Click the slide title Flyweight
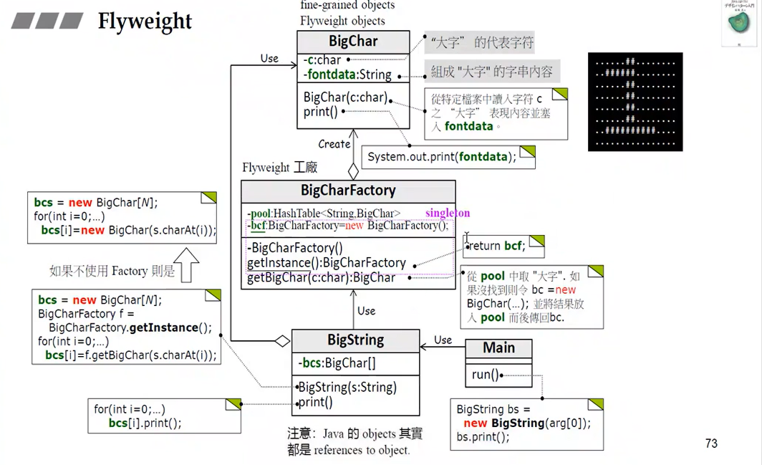[145, 21]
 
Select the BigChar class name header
[353, 41]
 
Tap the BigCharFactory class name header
[348, 191]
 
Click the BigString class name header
[355, 340]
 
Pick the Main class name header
[498, 348]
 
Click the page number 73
[710, 444]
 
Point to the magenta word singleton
[448, 213]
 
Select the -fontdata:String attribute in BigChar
[347, 75]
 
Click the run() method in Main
[485, 375]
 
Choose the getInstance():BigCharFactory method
[327, 263]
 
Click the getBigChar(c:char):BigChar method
[321, 277]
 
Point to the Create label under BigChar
[334, 144]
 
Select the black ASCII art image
[635, 102]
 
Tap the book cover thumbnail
[741, 24]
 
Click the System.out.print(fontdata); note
[442, 157]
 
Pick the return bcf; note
[497, 246]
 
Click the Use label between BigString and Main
[443, 340]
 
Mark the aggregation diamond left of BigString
[282, 340]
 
